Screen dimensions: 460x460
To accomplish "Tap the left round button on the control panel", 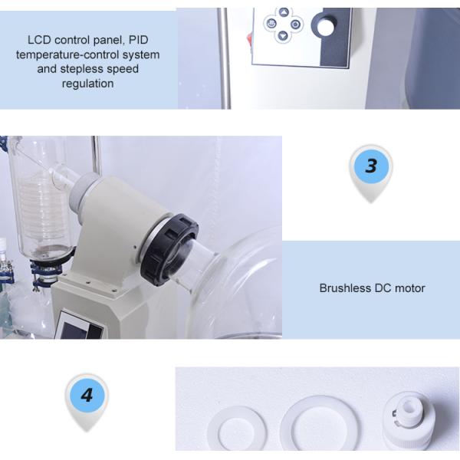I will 271,24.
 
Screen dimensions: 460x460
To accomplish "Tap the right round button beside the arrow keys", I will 295,24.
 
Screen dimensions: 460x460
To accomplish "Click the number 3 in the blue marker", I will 371,166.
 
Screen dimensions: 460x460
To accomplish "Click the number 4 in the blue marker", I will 87,396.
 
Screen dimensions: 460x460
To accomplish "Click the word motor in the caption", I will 409,288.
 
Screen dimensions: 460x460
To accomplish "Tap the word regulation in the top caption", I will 87,83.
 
